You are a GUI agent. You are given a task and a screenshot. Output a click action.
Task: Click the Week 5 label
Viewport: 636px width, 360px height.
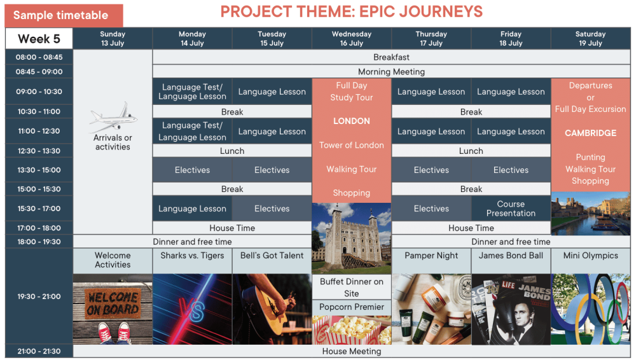coord(39,39)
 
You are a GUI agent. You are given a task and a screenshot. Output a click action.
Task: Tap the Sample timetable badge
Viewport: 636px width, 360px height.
coord(64,15)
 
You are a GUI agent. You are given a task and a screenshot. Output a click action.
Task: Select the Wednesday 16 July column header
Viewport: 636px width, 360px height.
coord(351,39)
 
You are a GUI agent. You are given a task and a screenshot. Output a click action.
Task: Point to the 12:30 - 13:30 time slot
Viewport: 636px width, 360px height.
coord(39,151)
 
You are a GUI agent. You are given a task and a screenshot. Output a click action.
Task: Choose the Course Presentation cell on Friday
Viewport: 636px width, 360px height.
coord(511,209)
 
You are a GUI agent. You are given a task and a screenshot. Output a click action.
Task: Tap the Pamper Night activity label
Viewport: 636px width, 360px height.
coord(431,256)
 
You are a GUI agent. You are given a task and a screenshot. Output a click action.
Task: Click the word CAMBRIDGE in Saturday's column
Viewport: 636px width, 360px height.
coord(590,133)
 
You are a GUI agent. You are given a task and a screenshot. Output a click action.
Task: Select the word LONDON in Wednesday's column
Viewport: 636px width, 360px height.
coord(351,121)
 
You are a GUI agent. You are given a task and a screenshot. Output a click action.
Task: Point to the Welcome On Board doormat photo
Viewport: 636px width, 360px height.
coord(113,309)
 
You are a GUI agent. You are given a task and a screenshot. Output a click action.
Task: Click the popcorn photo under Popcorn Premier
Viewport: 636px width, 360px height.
coord(351,330)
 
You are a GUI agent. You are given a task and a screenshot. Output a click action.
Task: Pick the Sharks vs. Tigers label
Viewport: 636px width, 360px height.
coord(192,256)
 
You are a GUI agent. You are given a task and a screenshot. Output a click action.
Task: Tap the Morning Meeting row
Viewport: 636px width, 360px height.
coord(391,72)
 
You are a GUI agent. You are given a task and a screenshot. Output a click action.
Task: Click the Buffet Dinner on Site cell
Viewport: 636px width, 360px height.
coord(351,287)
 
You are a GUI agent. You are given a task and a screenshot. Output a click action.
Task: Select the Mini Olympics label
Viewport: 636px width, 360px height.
coord(591,256)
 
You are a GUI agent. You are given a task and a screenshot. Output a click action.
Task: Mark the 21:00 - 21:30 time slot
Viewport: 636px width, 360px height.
coord(39,352)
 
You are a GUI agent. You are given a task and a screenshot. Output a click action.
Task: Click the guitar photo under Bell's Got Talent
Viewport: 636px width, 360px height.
coord(272,309)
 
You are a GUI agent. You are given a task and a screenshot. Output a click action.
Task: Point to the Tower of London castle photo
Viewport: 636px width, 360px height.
coord(351,239)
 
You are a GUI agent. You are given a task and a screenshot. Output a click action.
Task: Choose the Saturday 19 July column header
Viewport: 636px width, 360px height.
coord(590,39)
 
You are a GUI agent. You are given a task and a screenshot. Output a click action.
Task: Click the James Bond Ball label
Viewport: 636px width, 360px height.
coord(511,256)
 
